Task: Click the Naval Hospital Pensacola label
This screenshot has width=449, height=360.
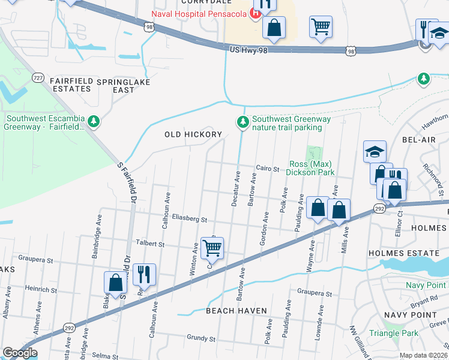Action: click(x=200, y=13)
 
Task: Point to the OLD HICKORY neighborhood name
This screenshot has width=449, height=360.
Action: click(x=193, y=134)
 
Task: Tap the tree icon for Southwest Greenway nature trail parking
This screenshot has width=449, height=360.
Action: click(x=243, y=122)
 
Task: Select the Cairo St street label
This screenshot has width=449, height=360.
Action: click(x=268, y=169)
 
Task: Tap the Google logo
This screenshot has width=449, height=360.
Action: click(x=20, y=353)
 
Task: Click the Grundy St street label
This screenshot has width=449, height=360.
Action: click(x=200, y=338)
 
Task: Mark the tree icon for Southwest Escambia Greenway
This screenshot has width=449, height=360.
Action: click(x=94, y=122)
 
